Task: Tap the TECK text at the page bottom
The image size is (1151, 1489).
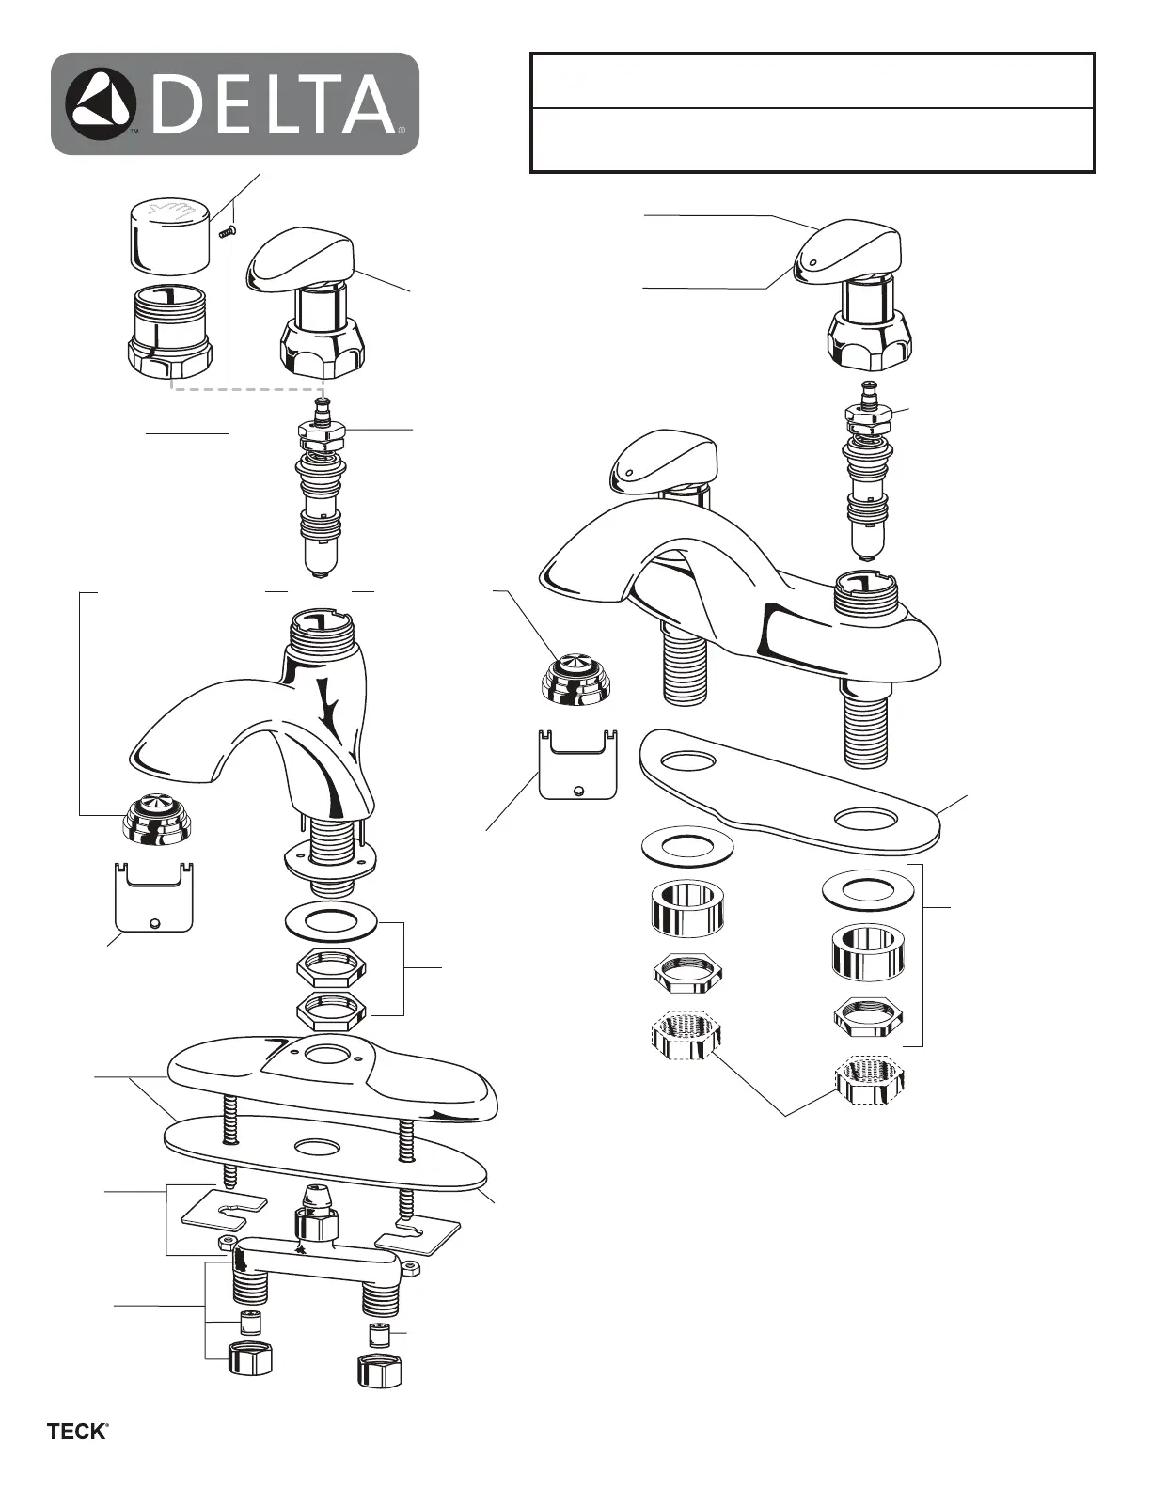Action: click(x=78, y=1434)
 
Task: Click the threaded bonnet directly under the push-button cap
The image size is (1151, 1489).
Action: click(x=170, y=332)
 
